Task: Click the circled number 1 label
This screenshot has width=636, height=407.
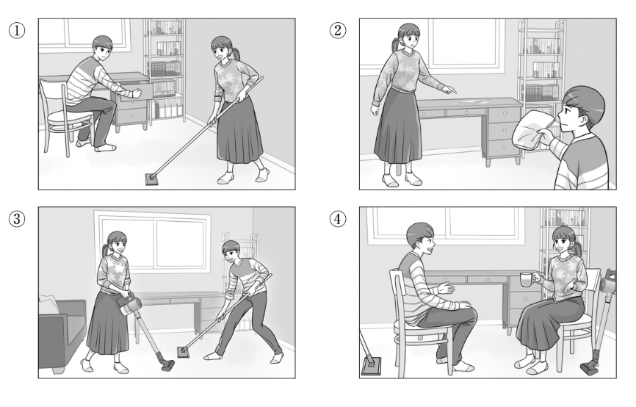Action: [x=17, y=30]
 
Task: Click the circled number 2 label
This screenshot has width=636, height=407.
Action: [x=338, y=30]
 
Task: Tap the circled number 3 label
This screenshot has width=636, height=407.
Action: [x=17, y=219]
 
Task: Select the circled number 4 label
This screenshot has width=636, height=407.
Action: [x=338, y=219]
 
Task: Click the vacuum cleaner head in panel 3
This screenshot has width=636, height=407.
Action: [x=167, y=364]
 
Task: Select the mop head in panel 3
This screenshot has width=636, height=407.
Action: [x=184, y=351]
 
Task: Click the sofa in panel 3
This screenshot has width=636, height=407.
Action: [x=61, y=335]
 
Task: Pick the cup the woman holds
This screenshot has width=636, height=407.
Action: [x=526, y=280]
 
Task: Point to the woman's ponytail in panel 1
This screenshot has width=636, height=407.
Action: [x=235, y=54]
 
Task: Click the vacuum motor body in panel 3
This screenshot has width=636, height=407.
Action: [x=130, y=306]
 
